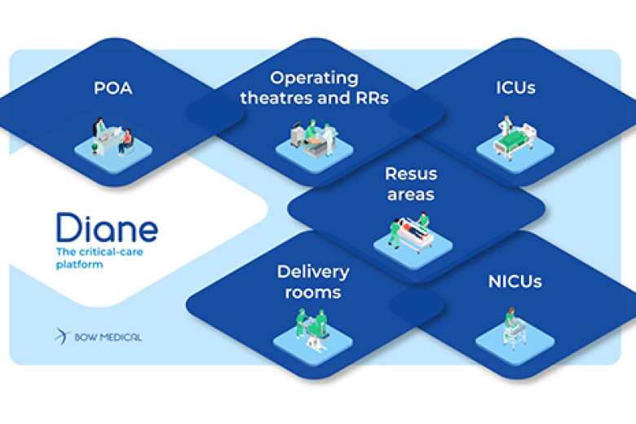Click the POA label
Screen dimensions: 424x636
click(113, 87)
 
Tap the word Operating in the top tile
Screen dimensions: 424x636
click(314, 78)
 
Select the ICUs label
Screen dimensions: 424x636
click(515, 87)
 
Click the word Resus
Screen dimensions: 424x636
click(411, 174)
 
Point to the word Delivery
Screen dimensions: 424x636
click(312, 272)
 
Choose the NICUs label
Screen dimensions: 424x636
click(515, 282)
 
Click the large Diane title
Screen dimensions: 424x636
click(107, 227)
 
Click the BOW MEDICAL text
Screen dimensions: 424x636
click(108, 337)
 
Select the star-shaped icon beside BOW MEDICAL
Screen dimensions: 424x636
click(63, 336)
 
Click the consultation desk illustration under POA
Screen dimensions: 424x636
click(113, 139)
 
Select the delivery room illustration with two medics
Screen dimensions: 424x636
click(311, 330)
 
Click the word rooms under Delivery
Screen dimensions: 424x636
click(312, 292)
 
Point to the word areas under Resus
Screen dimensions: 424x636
click(411, 195)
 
